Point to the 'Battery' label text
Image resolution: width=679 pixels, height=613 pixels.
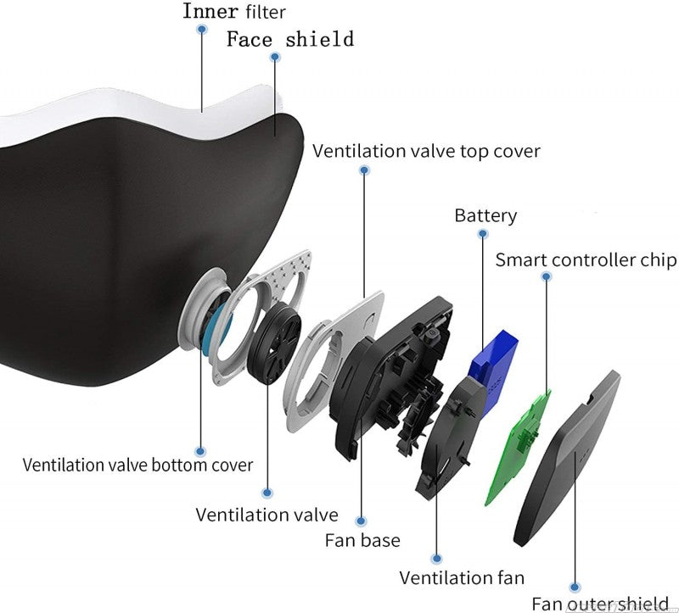(x=485, y=215)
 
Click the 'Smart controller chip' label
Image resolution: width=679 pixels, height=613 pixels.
(x=586, y=259)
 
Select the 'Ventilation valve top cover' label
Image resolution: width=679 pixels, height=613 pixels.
(x=426, y=151)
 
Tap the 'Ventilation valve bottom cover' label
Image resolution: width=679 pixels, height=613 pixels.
(x=137, y=465)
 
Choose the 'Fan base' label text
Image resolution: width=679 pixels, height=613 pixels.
(x=362, y=539)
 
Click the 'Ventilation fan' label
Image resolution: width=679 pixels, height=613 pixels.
(x=462, y=577)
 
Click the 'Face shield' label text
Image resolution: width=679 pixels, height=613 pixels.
(x=289, y=39)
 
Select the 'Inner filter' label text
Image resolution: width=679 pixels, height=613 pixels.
(x=233, y=12)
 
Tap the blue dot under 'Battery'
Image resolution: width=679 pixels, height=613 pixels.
(x=483, y=234)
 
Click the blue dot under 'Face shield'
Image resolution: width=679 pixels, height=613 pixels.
(x=274, y=57)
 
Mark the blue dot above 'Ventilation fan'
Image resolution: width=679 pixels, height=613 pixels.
(x=436, y=559)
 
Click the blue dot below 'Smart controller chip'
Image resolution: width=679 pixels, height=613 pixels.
(x=546, y=277)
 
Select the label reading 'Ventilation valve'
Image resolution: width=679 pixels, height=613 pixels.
(x=267, y=515)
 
